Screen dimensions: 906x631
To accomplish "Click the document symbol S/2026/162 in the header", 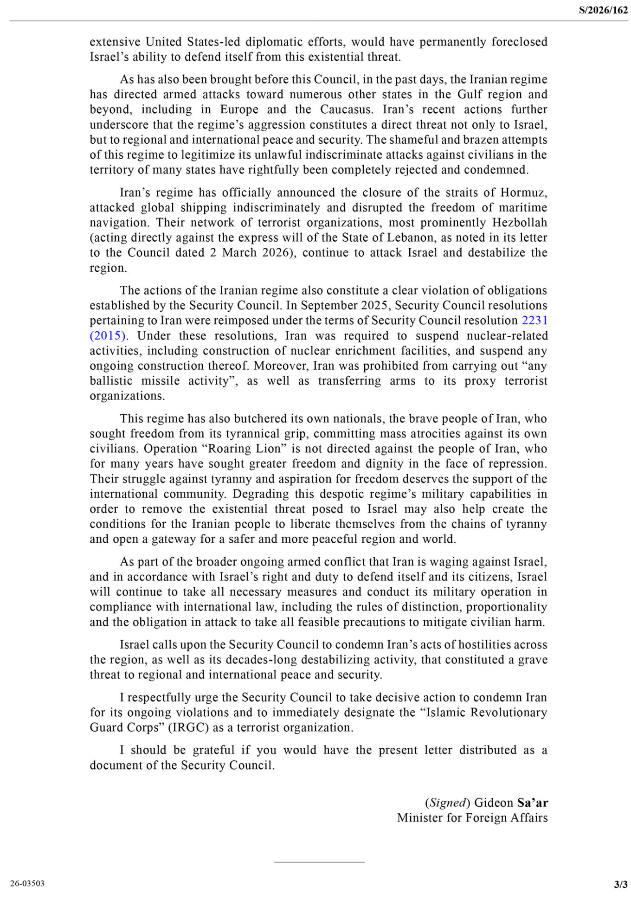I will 603,10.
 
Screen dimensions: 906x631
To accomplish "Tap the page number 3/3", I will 620,884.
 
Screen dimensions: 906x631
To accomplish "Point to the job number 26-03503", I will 27,883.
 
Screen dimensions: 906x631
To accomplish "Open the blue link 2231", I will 534,321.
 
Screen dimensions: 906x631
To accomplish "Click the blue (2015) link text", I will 107,335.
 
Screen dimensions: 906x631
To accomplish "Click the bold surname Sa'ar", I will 532,803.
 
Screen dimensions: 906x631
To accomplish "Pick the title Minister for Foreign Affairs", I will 472,817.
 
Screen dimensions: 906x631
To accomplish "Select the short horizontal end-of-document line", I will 319,862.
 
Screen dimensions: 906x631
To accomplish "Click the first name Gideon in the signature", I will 493,803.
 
